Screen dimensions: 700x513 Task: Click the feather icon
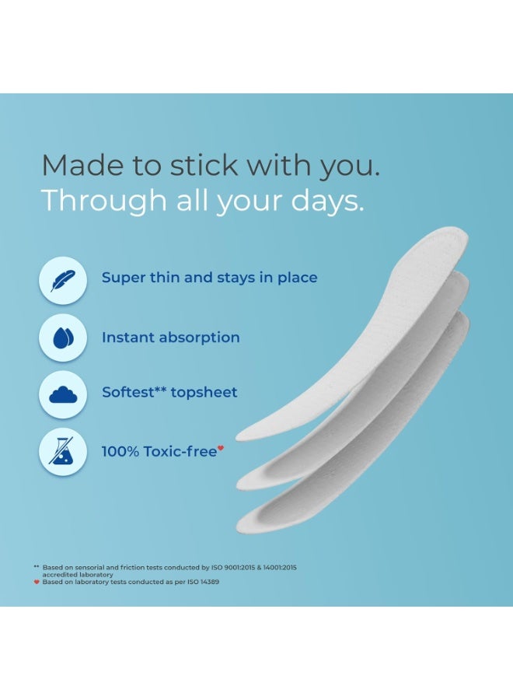coord(62,280)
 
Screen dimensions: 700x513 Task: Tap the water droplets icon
coord(62,338)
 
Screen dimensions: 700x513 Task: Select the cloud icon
coord(62,395)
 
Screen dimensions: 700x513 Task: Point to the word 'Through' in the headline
coord(92,201)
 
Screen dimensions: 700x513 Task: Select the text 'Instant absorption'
coord(170,338)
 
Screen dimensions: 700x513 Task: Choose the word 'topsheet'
coord(204,393)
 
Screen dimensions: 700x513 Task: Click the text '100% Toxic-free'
coord(159,451)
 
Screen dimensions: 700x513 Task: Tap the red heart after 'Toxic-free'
coord(221,448)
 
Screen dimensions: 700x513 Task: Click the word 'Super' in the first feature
coord(124,278)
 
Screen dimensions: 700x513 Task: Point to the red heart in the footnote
coord(37,582)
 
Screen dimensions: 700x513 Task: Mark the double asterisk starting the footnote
coord(37,567)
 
